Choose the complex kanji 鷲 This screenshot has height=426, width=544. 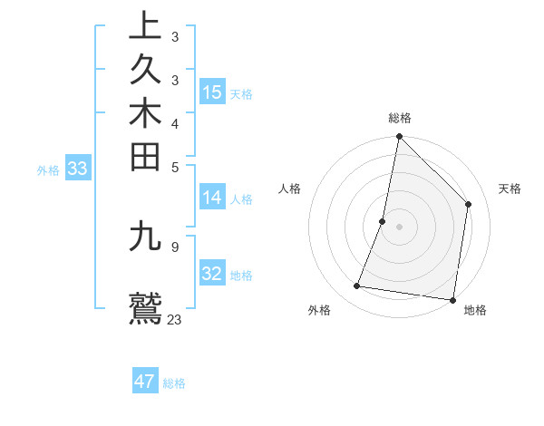point(145,307)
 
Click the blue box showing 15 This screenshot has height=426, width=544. point(212,92)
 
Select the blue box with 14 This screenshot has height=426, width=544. point(212,198)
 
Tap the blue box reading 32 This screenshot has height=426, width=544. point(212,274)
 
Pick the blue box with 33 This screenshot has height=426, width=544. point(78,169)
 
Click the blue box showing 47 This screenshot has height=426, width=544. point(145,382)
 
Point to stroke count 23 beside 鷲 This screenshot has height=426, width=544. point(175,319)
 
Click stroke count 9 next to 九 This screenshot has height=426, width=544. point(174,246)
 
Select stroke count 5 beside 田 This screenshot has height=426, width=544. point(174,167)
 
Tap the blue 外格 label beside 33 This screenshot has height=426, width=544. point(48,169)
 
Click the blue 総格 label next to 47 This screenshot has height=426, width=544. point(174,383)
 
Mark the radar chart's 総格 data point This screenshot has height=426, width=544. point(399,137)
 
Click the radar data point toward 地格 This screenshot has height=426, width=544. point(452,299)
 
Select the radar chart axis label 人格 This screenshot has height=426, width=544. point(289,189)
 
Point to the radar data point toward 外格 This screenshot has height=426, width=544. point(357,286)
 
